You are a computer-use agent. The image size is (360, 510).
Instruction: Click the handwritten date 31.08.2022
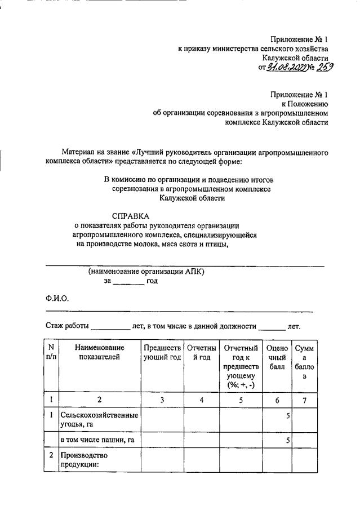(x=286, y=68)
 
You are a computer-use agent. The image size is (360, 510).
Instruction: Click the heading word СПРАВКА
(x=131, y=216)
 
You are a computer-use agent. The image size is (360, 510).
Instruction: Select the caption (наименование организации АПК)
(x=146, y=271)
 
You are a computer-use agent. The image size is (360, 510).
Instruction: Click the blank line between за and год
(x=129, y=281)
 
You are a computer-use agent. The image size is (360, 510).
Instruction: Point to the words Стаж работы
(x=66, y=326)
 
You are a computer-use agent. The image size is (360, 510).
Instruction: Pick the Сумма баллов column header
(x=304, y=362)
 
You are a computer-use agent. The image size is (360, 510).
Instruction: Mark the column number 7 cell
(x=304, y=400)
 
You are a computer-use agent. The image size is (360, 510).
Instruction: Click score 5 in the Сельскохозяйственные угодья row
(x=287, y=416)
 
